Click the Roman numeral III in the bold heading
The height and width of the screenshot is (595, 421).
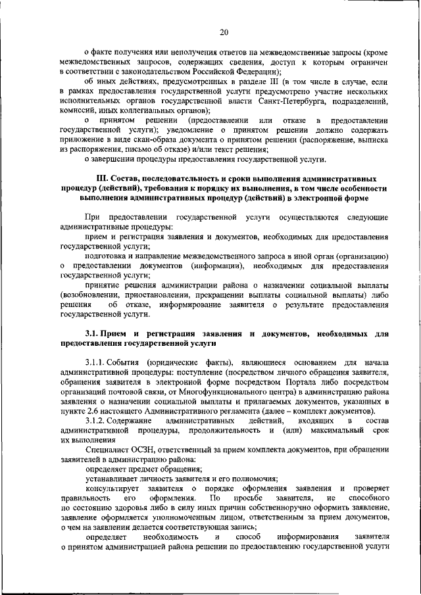101,179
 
